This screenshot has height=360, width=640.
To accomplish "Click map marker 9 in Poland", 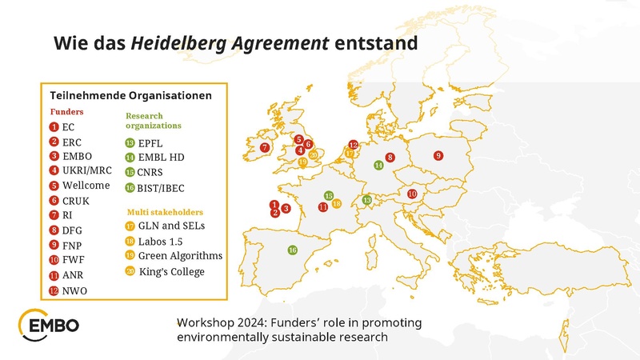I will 438,155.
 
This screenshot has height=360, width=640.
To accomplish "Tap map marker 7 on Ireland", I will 265,147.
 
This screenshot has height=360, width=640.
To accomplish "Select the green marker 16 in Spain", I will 293,250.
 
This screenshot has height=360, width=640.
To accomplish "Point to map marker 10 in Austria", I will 412,194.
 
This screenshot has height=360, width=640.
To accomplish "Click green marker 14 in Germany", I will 378,165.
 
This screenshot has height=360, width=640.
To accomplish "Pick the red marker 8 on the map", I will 390,158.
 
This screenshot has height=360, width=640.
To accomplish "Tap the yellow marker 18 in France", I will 337,204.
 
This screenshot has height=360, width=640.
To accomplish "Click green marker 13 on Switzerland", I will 367,200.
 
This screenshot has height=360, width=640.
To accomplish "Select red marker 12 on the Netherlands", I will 354,145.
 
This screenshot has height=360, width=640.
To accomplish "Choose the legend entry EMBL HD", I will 161,158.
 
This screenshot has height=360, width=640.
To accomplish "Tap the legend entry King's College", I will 171,272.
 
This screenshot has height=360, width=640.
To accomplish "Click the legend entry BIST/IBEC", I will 162,188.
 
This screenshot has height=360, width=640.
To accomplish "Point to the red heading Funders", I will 67,112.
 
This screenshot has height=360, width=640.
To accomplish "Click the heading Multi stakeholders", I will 165,212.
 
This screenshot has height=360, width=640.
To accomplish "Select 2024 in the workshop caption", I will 256,322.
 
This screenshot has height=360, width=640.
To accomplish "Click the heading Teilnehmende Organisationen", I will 130,94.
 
